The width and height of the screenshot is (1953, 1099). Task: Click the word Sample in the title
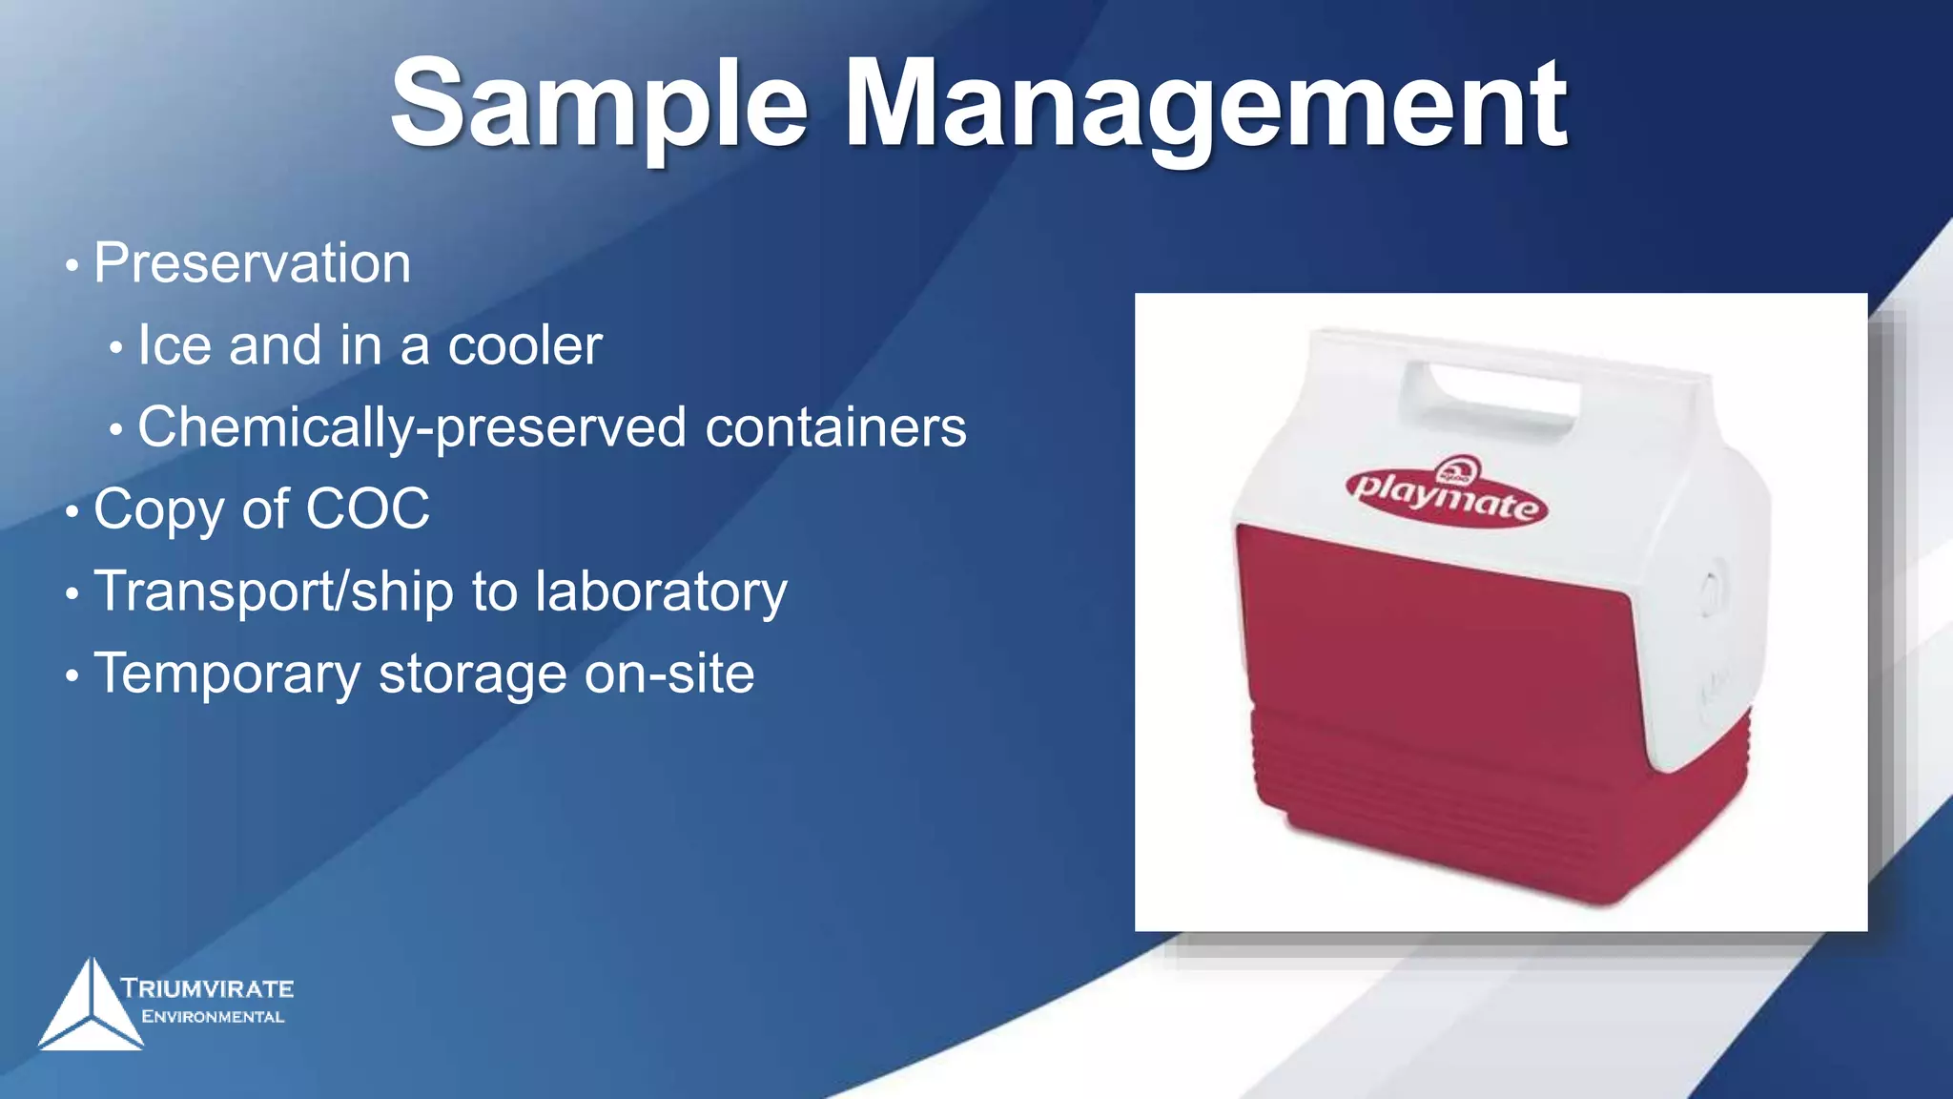[599, 105]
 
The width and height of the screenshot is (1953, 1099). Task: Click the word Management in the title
[1205, 105]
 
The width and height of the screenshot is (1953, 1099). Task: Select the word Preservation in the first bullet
[253, 263]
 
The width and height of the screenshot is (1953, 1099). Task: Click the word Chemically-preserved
[411, 427]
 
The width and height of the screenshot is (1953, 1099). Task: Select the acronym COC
[367, 509]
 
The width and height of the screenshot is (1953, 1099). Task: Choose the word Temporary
[227, 674]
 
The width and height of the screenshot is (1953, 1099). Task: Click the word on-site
[669, 674]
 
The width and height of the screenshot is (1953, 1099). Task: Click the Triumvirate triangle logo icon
[90, 1006]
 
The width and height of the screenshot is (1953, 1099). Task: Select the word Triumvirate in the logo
[208, 988]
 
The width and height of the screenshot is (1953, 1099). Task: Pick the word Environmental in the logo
[213, 1017]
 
